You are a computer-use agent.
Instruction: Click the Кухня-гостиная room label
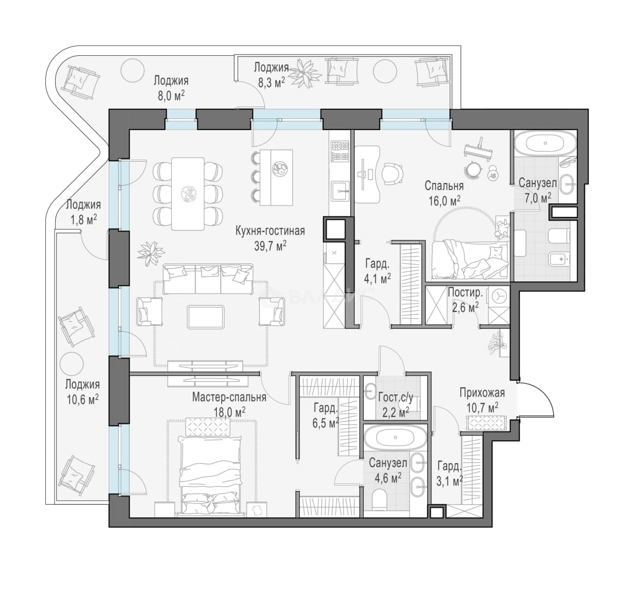tap(270, 231)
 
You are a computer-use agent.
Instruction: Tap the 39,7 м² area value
tap(270, 246)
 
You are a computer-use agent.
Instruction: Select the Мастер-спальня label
tap(229, 397)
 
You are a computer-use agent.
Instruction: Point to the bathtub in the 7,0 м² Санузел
tap(545, 143)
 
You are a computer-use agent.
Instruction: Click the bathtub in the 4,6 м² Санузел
tap(395, 438)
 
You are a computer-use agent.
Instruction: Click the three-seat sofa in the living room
tap(208, 279)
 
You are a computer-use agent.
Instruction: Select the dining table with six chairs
tap(188, 193)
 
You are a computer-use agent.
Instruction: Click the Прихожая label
tap(482, 393)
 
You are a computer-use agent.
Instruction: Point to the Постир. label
tap(465, 292)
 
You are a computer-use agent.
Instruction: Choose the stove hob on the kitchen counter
tap(340, 151)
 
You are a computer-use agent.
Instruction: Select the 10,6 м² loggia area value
tap(83, 400)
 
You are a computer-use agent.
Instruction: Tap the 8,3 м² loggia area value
tap(271, 83)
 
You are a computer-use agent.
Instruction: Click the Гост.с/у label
tap(395, 398)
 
